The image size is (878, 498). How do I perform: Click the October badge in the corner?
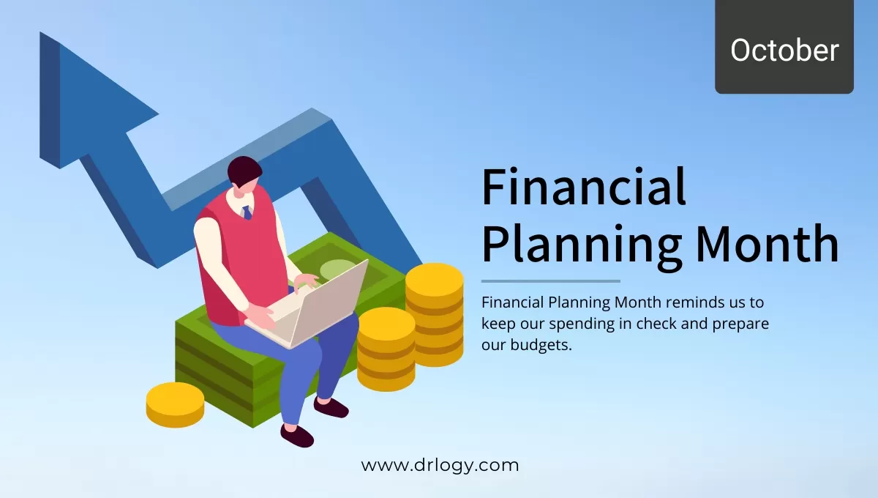point(784,50)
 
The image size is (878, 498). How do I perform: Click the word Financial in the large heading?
point(584,188)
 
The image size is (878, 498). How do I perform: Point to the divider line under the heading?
point(550,281)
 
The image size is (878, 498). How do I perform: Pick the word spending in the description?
point(569,323)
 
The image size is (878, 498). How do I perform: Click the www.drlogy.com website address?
point(440,465)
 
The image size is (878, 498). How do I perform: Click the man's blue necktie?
point(247,212)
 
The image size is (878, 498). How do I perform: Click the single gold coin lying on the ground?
point(175,404)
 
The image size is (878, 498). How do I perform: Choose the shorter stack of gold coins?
point(386,348)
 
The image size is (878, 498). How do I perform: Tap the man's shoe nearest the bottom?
point(296,436)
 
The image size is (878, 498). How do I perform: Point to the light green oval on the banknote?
point(337,270)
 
